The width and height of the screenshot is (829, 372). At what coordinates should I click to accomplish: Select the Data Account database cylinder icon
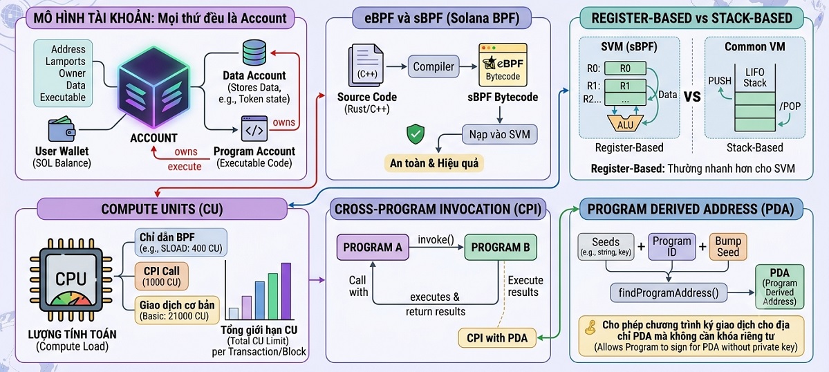(254, 53)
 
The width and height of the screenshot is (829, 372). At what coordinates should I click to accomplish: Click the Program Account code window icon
(254, 129)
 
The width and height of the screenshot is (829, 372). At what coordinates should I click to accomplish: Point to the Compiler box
(434, 67)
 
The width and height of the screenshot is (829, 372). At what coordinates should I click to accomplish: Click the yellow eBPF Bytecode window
(503, 66)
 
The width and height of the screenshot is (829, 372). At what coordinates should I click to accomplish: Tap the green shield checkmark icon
(415, 133)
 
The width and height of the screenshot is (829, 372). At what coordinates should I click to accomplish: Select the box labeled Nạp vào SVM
(500, 133)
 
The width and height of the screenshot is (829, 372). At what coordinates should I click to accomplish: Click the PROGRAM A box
(373, 247)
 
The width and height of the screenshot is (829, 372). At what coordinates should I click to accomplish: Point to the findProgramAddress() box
(669, 292)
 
